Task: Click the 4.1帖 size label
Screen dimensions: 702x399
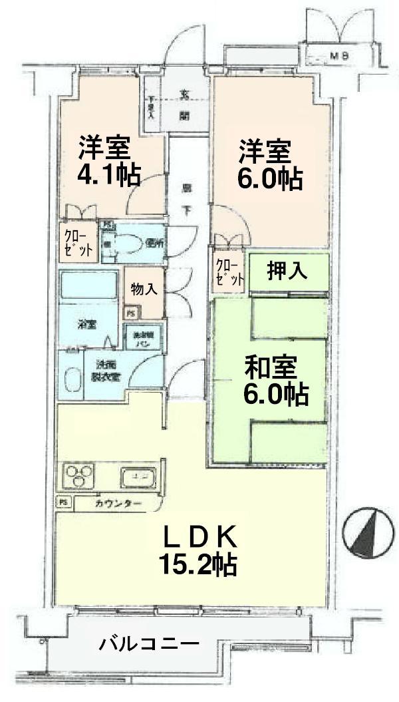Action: click(x=110, y=174)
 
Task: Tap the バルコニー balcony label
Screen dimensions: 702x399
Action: click(x=149, y=643)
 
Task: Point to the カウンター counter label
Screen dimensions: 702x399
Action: click(x=118, y=504)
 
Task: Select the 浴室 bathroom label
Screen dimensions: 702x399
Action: click(x=87, y=325)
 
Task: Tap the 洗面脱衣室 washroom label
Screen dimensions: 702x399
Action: click(x=106, y=371)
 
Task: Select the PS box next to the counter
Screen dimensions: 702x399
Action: click(x=64, y=502)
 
